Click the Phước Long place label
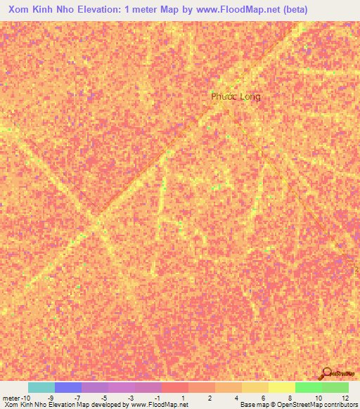coord(236,96)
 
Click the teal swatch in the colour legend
coord(41,387)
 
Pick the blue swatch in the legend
coord(68,387)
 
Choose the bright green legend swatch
coord(309,387)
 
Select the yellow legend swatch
coord(282,387)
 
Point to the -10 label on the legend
coord(25,398)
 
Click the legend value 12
coord(345,398)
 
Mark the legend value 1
coord(184,398)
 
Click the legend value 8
coord(291,398)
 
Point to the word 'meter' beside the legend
coord(10,398)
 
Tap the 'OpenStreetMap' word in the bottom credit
coord(296,405)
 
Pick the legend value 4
coord(238,398)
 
